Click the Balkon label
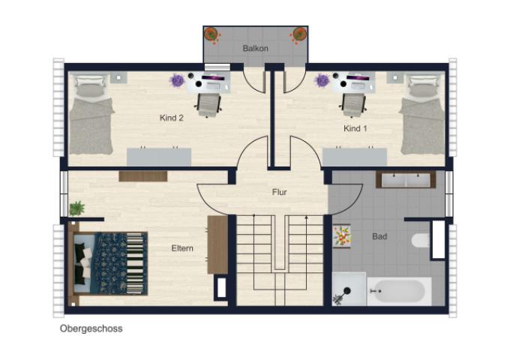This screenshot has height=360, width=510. (x=255, y=49)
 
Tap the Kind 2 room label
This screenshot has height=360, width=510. (x=172, y=118)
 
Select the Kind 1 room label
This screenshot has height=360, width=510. (x=355, y=128)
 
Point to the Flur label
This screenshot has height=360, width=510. (x=280, y=192)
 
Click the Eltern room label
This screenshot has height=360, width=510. (x=182, y=248)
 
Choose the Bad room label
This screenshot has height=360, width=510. (x=379, y=236)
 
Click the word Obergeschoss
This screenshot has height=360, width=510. (x=91, y=328)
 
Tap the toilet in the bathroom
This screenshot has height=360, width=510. (x=421, y=241)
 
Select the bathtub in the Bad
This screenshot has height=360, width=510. (x=399, y=292)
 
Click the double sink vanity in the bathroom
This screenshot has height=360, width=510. (x=406, y=180)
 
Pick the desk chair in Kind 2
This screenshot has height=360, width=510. (x=208, y=105)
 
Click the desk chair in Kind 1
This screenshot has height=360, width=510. (x=353, y=105)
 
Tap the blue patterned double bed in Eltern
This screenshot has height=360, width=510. (x=110, y=263)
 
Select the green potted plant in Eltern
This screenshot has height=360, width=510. (x=76, y=208)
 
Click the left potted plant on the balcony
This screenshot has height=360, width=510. (x=211, y=34)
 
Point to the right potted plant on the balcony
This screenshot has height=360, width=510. (x=298, y=34)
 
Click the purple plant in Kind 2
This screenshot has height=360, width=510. (x=176, y=80)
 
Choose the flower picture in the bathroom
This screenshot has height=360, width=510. (x=341, y=235)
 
